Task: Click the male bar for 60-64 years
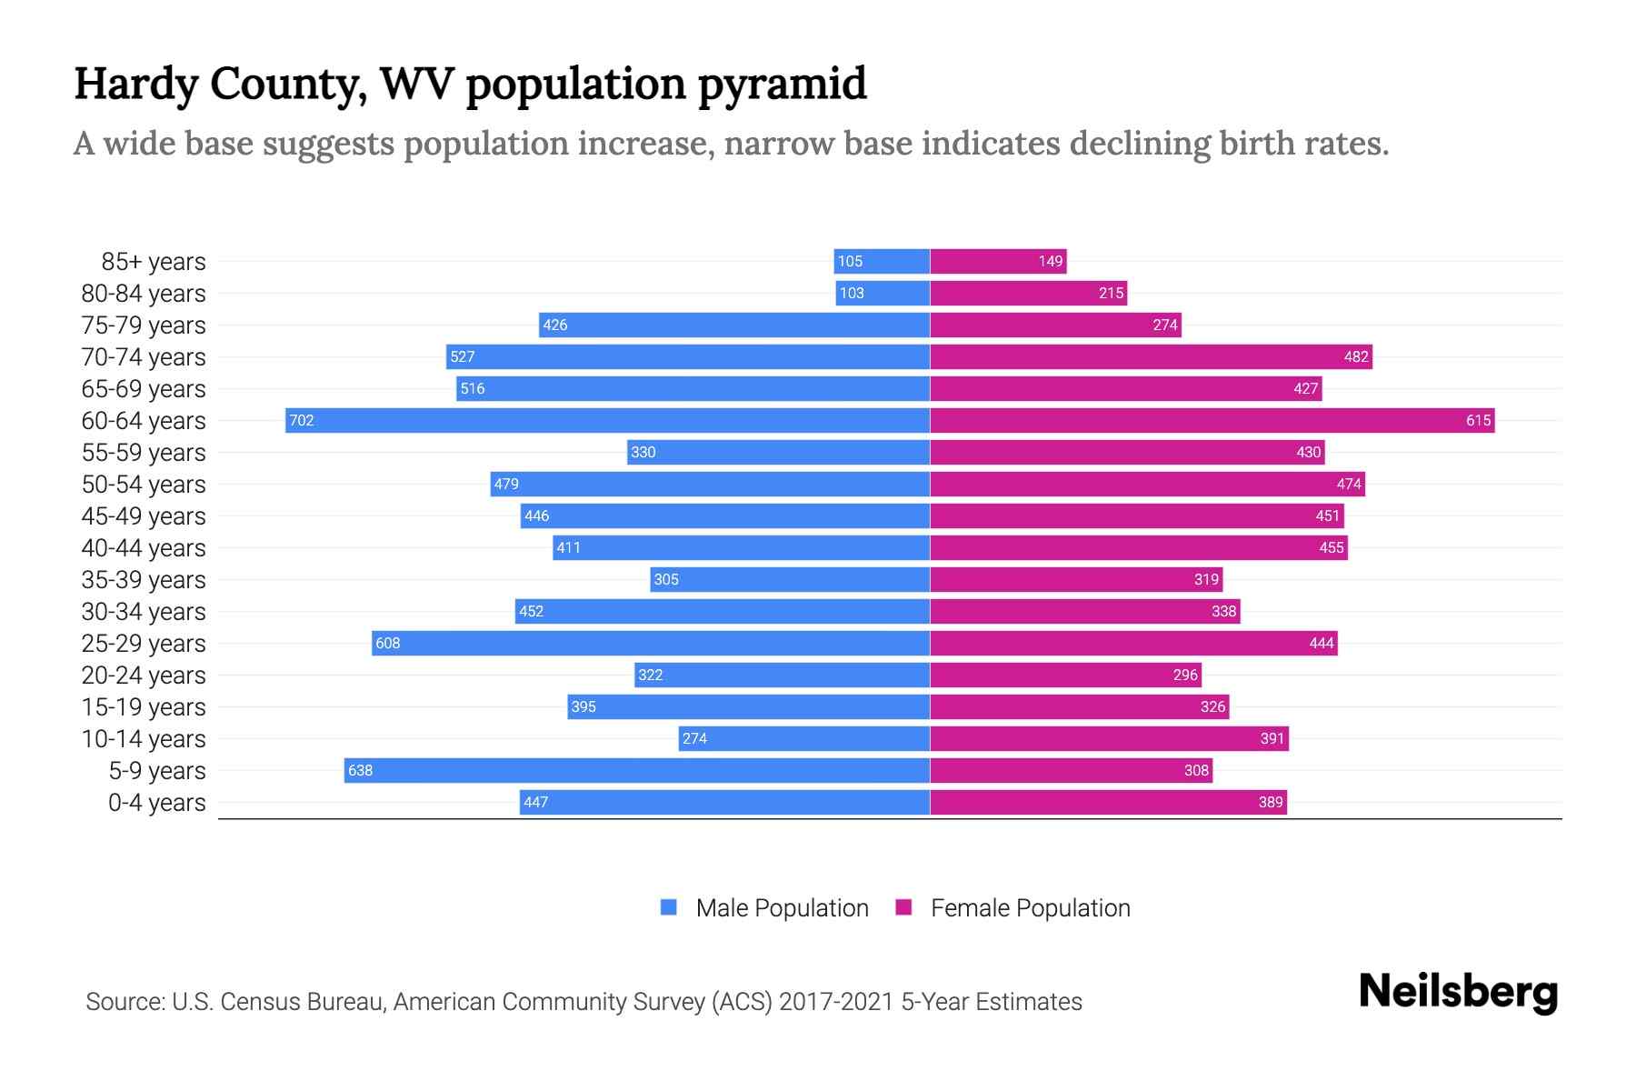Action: tap(607, 420)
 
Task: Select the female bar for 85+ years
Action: tap(998, 261)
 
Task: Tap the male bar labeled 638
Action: tap(636, 770)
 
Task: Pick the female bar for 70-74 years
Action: tap(1151, 356)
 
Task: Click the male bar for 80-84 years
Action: tap(883, 293)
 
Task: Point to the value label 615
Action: tap(1478, 420)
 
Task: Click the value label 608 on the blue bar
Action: tap(388, 643)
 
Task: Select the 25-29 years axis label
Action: tap(144, 643)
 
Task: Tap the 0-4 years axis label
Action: tap(156, 802)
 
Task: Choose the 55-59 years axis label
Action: tap(144, 452)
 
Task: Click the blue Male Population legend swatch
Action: tap(669, 907)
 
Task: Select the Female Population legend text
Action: tap(1030, 907)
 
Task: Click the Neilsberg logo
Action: tap(1458, 991)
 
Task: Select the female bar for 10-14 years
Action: tap(1109, 738)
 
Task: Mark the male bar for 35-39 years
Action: tap(790, 579)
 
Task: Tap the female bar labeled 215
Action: tap(1028, 293)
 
